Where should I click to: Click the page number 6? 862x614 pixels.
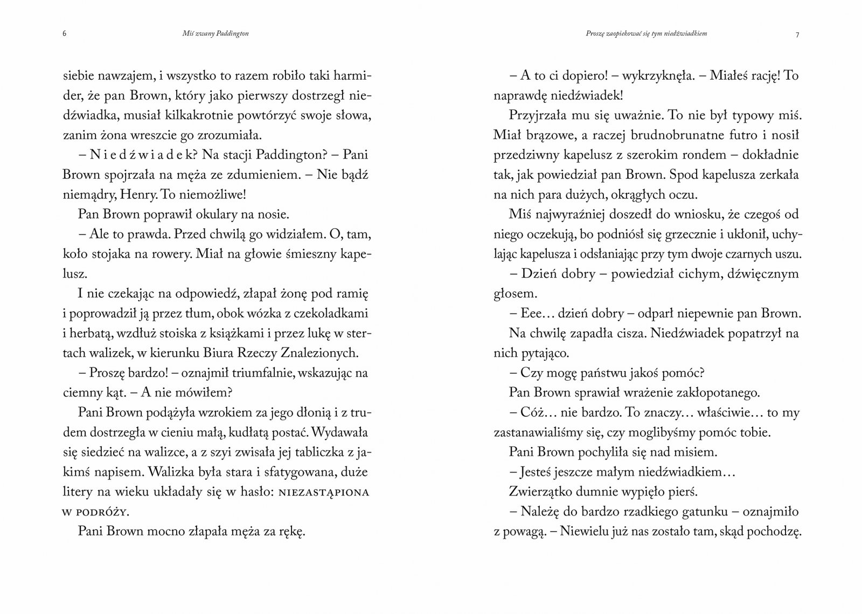64,34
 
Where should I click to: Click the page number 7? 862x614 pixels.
797,35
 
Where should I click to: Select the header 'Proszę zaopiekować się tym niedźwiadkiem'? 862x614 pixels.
646,33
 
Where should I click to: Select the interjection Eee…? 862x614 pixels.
535,313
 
